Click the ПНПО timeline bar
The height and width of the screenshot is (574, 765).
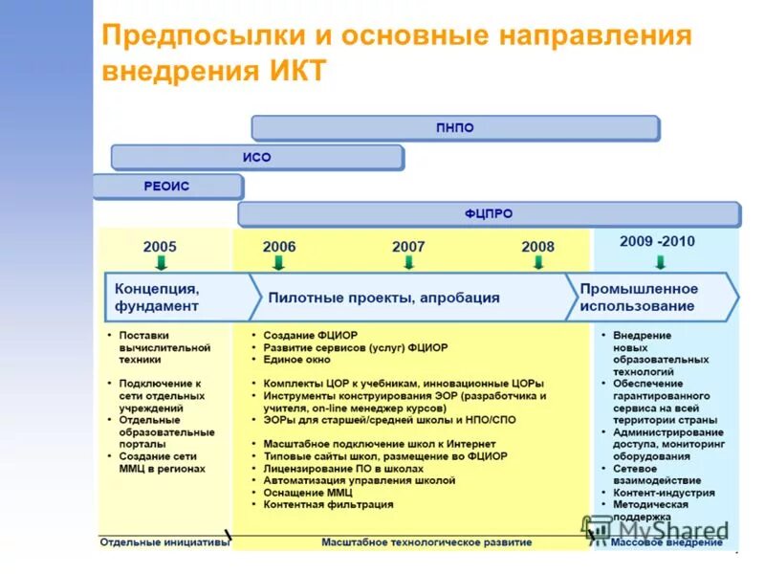[455, 128]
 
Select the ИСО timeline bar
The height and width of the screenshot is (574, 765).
[256, 157]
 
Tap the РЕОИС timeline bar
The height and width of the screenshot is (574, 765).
[167, 187]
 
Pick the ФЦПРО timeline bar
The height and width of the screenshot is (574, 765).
[489, 214]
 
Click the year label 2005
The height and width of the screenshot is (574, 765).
[160, 246]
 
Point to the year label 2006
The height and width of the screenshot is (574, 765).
[279, 246]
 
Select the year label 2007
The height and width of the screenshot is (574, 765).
[408, 246]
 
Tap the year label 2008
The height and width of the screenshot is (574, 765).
[537, 246]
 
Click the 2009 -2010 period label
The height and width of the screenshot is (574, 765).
[657, 241]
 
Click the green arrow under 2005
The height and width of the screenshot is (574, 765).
[161, 262]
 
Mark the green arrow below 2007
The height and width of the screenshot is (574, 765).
[408, 262]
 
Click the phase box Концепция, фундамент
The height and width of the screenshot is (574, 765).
[158, 297]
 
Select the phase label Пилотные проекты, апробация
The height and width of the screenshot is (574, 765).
[383, 298]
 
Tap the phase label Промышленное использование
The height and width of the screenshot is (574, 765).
[638, 297]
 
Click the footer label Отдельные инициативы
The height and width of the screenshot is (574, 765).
[164, 542]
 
